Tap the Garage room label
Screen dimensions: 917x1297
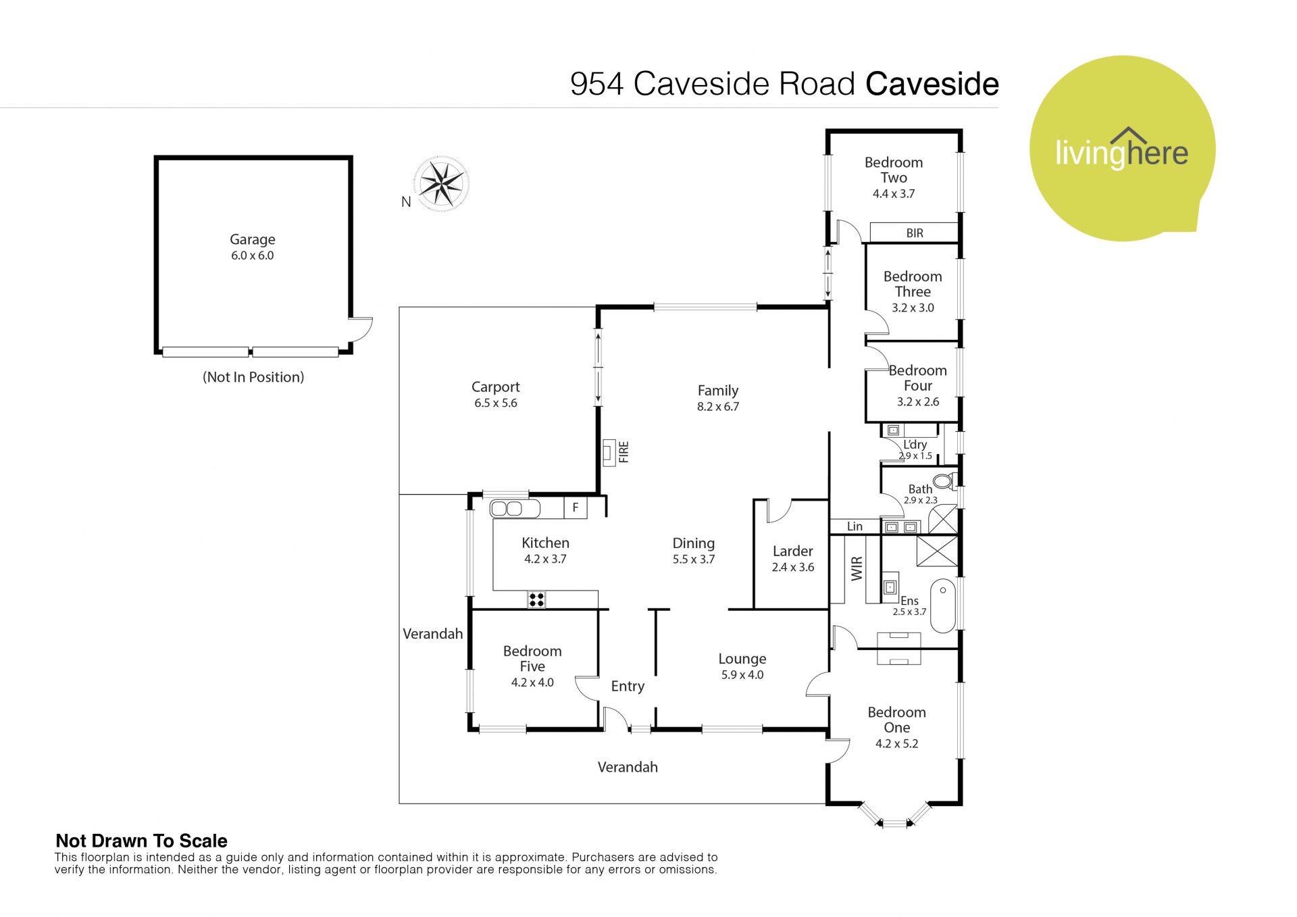pos(252,239)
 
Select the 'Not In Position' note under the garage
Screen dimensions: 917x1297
pos(253,377)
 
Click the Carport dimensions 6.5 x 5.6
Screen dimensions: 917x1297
pos(495,403)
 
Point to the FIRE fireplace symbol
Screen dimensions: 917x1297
pos(610,451)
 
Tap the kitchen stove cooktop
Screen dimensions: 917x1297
pos(536,599)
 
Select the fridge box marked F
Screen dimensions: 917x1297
pos(576,507)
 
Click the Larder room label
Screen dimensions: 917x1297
pos(792,551)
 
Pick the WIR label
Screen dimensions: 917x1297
pos(857,568)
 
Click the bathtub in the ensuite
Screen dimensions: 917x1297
pos(943,605)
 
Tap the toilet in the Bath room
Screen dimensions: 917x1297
pos(943,481)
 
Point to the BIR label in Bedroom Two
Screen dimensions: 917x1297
pos(915,233)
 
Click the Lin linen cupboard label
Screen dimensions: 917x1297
pos(855,526)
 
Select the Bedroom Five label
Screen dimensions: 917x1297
pos(532,658)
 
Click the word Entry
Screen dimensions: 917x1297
pos(628,687)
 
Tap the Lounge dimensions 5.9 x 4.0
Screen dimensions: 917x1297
pos(742,675)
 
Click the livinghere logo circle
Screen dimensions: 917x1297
pos(1122,149)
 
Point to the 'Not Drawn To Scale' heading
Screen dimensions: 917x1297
pos(141,841)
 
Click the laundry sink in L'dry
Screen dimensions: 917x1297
pos(894,430)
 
